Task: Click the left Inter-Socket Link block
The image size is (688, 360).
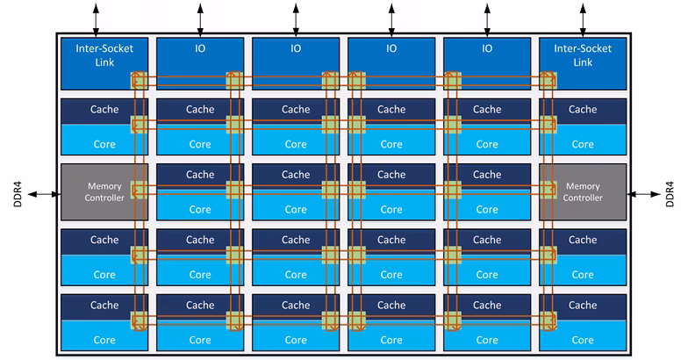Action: pyautogui.click(x=104, y=63)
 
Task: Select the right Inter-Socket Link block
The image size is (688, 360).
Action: pyautogui.click(x=583, y=63)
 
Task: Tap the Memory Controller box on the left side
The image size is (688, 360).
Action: pyautogui.click(x=104, y=191)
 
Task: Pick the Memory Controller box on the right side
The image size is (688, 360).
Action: pyautogui.click(x=583, y=191)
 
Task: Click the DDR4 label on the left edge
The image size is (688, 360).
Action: pyautogui.click(x=18, y=194)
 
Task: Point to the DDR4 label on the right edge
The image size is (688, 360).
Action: pyautogui.click(x=670, y=194)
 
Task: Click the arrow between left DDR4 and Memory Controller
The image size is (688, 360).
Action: pyautogui.click(x=44, y=194)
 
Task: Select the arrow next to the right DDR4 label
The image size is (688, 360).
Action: pyautogui.click(x=644, y=194)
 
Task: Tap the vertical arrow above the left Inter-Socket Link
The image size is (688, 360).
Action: pyautogui.click(x=96, y=19)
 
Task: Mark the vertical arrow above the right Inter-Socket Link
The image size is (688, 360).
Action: pyautogui.click(x=583, y=19)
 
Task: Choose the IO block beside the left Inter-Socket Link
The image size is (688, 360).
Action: pyautogui.click(x=200, y=63)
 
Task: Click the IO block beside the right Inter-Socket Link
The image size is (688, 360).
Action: pyautogui.click(x=487, y=63)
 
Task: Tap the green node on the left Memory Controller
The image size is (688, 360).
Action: pyautogui.click(x=139, y=190)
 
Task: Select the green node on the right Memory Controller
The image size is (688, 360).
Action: pyautogui.click(x=548, y=190)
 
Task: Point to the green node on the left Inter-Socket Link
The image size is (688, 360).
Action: pyautogui.click(x=139, y=81)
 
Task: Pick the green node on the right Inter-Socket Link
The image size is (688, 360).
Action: pyautogui.click(x=548, y=81)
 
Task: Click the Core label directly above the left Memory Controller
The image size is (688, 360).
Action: pyautogui.click(x=104, y=144)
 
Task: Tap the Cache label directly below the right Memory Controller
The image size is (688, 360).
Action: pyautogui.click(x=583, y=240)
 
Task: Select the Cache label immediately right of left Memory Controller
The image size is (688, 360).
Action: pyautogui.click(x=200, y=174)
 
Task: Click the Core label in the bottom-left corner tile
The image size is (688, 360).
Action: pyautogui.click(x=104, y=340)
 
